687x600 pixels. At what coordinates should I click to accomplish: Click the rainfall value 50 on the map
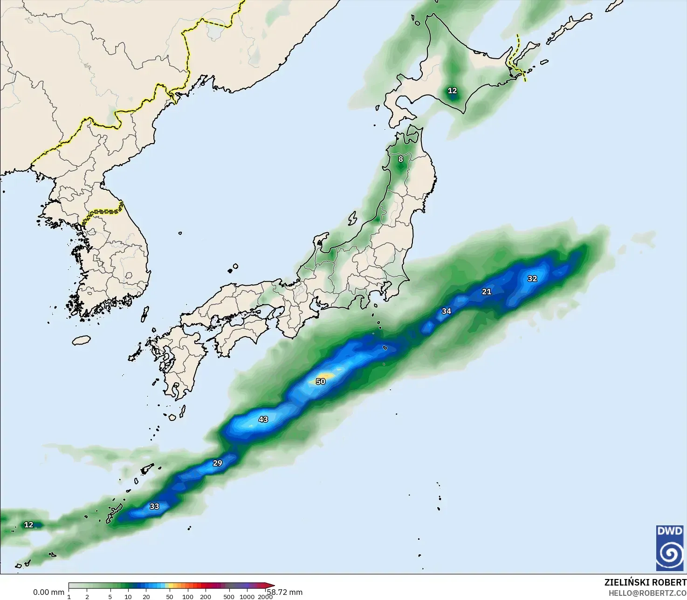(321, 381)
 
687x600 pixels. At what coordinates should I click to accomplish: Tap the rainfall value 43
(263, 419)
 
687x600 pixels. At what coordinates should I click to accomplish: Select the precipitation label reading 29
(218, 463)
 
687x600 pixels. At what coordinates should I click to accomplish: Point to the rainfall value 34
(447, 311)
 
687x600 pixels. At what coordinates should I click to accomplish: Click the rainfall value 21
(487, 291)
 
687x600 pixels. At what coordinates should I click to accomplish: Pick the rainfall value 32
(532, 278)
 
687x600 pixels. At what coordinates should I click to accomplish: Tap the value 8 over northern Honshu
(400, 159)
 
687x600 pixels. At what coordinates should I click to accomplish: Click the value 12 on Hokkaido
(453, 90)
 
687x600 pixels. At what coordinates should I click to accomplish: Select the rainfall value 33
(154, 506)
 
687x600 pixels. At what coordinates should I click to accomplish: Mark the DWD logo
(670, 548)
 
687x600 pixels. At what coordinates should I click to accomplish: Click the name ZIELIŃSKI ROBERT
(645, 582)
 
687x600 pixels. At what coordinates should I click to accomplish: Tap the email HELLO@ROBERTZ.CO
(647, 593)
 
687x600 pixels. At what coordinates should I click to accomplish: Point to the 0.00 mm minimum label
(48, 592)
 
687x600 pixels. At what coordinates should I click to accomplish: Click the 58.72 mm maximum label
(285, 592)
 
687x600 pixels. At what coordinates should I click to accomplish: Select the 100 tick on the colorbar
(188, 597)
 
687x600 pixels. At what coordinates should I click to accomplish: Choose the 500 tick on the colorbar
(229, 597)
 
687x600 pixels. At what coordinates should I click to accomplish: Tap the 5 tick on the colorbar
(110, 597)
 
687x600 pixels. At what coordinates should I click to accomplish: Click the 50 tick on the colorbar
(170, 597)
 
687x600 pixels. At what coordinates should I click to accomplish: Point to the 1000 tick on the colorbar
(247, 597)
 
